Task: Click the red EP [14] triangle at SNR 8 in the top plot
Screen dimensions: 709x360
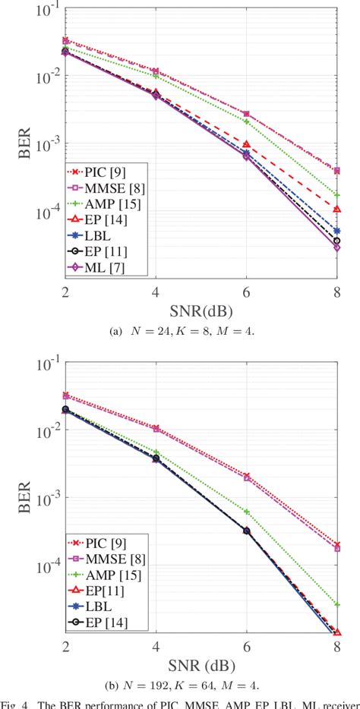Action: click(336, 209)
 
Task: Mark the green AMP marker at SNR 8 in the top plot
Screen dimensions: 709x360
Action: click(336, 195)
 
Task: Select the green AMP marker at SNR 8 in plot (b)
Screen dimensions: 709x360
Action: click(336, 604)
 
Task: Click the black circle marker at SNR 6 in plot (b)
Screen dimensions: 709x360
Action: click(246, 531)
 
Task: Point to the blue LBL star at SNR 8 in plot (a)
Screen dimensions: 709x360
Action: click(336, 231)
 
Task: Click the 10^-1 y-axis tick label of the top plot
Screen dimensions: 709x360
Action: click(45, 9)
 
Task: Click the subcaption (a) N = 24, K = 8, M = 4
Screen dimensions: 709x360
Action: click(201, 330)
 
